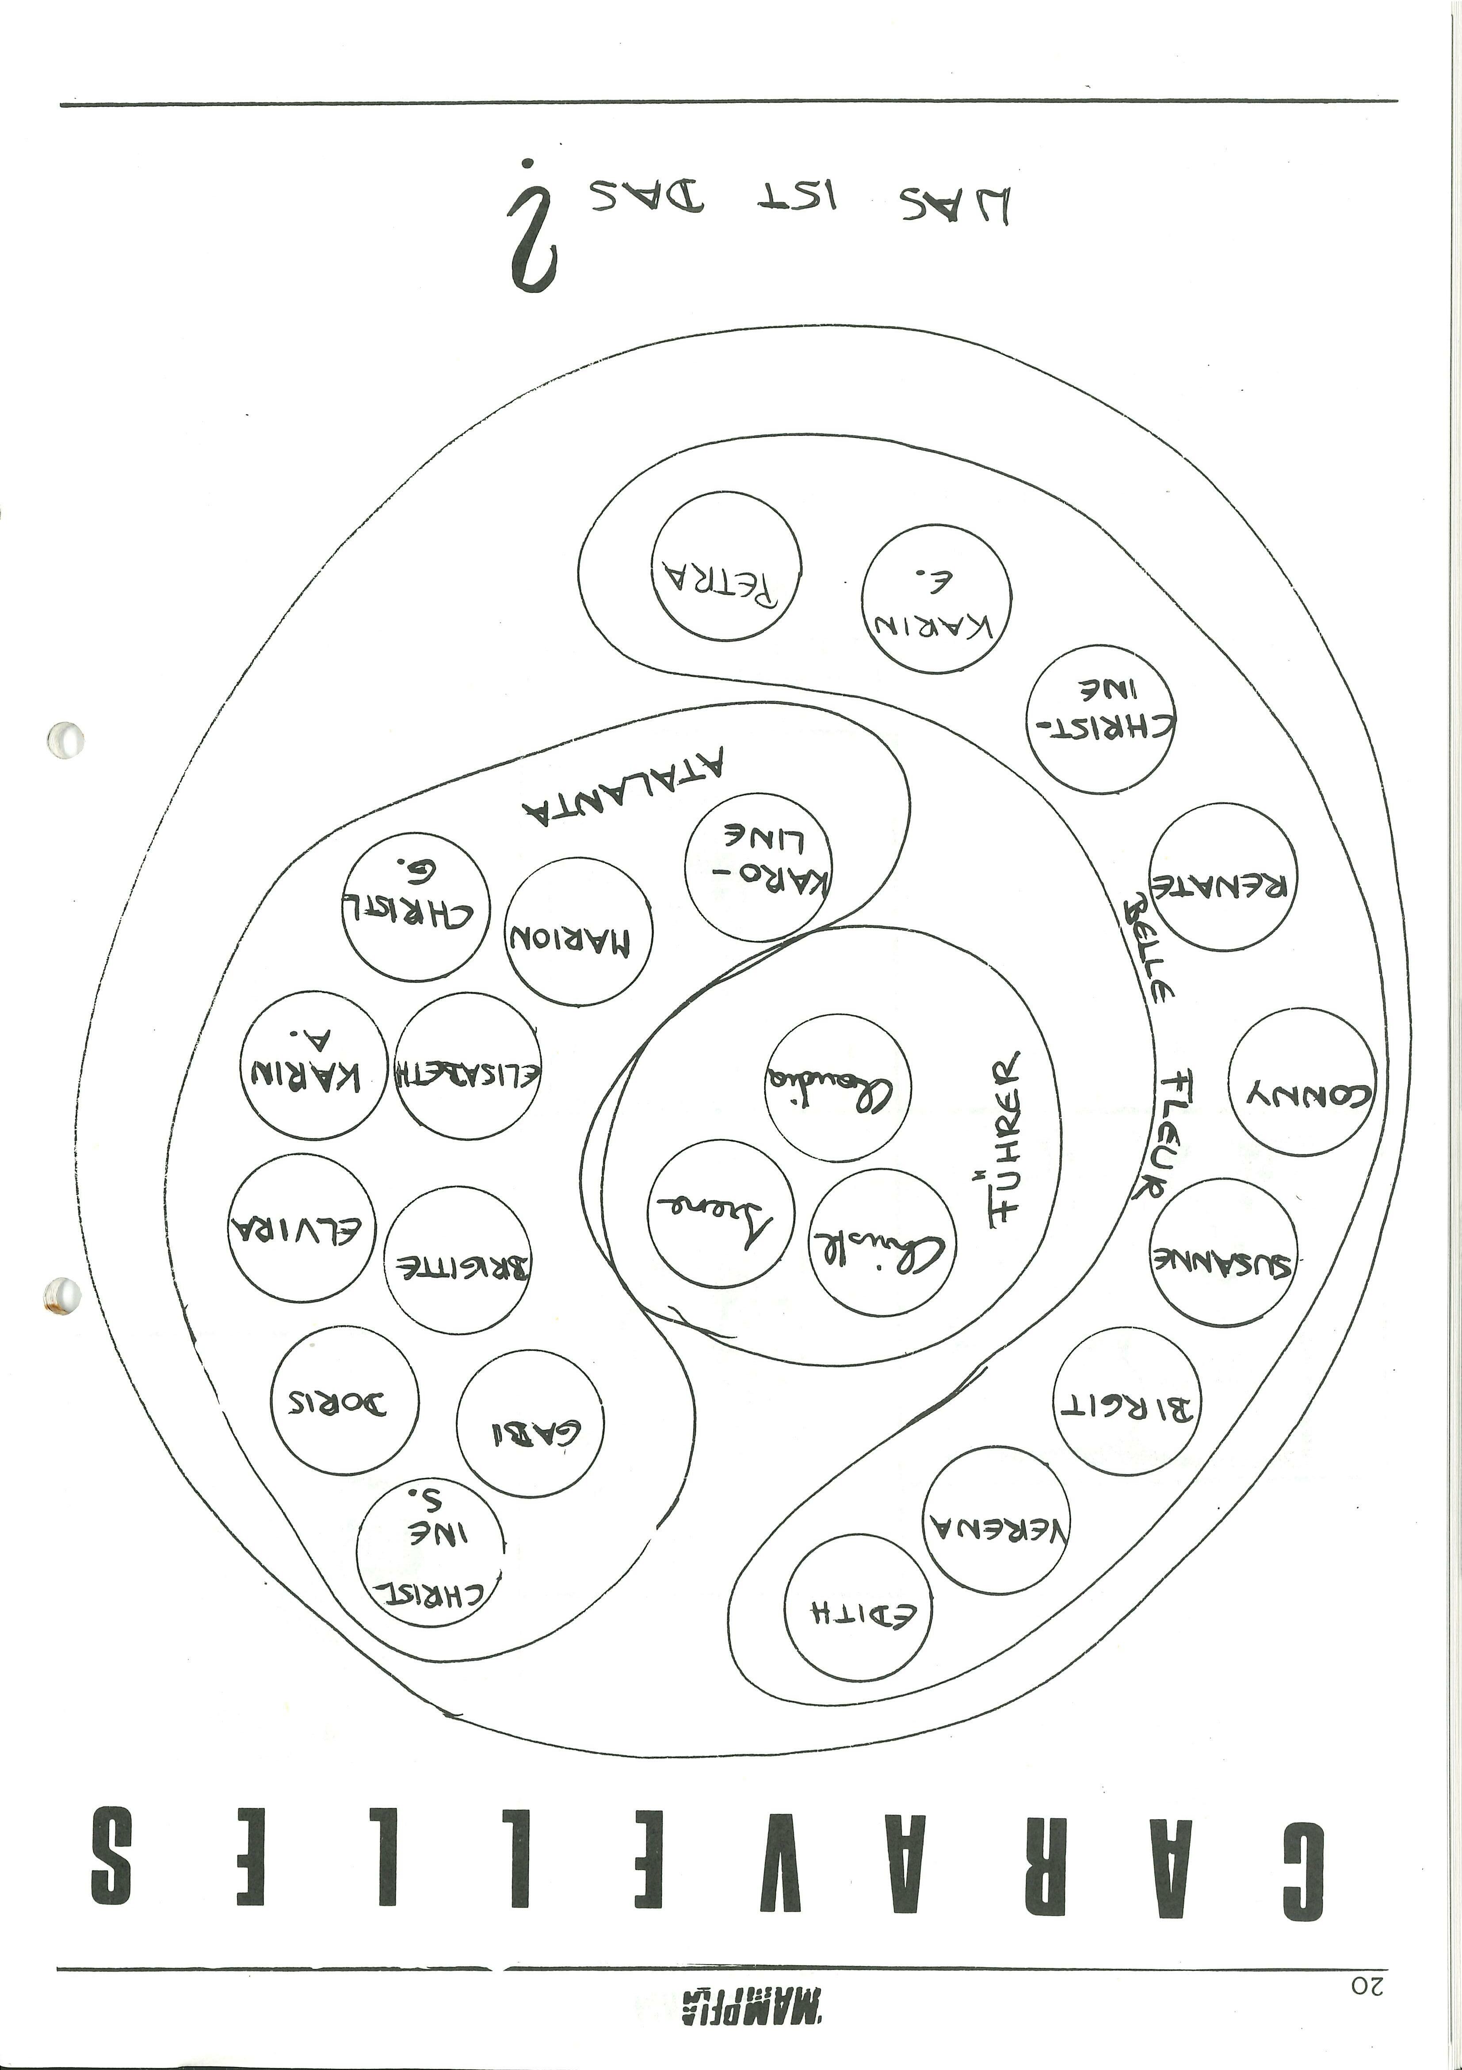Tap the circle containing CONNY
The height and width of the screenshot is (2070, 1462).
tap(1302, 1082)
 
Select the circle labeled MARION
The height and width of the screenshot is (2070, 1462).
tap(578, 932)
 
